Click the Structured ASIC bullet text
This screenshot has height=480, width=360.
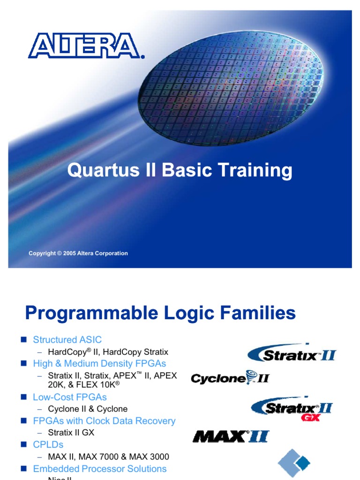click(x=67, y=340)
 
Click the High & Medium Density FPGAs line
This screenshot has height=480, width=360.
click(x=99, y=364)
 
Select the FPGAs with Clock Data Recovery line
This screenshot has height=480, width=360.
click(x=104, y=421)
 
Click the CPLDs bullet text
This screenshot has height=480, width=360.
click(x=48, y=444)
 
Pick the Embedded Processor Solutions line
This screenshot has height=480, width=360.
click(x=99, y=469)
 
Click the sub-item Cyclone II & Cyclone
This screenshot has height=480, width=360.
click(x=88, y=409)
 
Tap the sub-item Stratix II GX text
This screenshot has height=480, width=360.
click(x=71, y=433)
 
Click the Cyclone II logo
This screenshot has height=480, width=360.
click(x=230, y=378)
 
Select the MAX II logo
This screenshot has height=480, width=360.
click(x=231, y=437)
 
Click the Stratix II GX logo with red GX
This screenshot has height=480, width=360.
click(x=292, y=409)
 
